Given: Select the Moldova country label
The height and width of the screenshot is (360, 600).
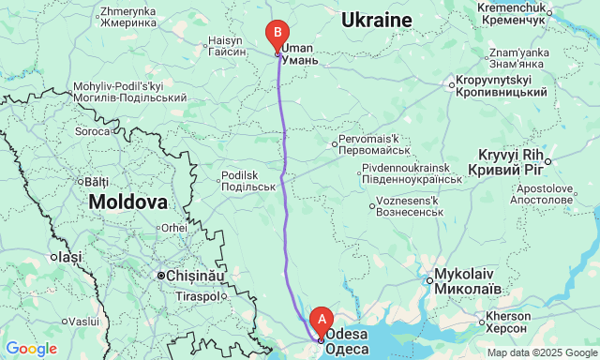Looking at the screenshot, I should click(128, 202).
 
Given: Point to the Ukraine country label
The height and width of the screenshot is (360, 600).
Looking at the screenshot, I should click(376, 20).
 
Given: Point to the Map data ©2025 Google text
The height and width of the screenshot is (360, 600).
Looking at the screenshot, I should click(541, 352).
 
